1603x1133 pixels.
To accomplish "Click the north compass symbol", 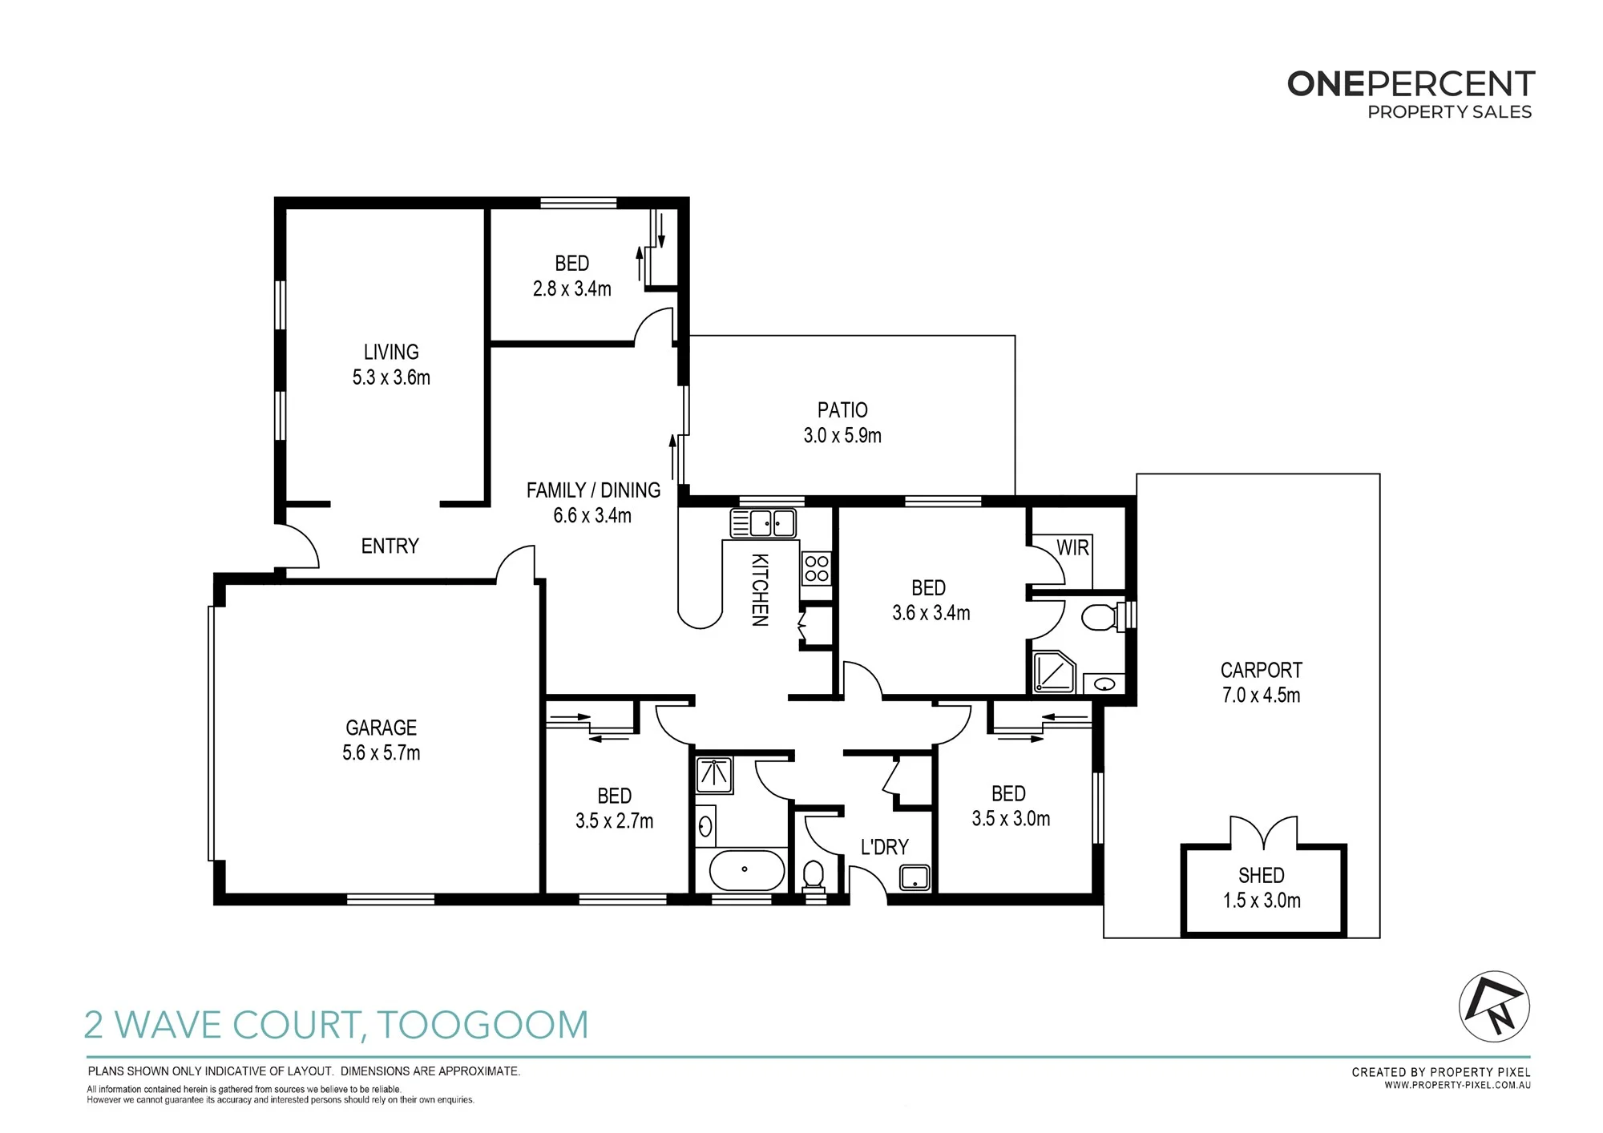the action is [1494, 1006].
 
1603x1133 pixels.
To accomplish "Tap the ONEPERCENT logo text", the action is [1411, 84].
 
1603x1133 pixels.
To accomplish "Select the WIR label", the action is [1072, 548].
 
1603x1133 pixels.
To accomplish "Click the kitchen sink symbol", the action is [763, 523].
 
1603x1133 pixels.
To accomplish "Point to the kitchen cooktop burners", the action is [816, 569].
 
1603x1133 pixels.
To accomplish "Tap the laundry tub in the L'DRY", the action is [915, 877].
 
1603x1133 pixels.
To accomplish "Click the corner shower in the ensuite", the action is [1054, 671].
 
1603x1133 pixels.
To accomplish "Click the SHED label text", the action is [1262, 875].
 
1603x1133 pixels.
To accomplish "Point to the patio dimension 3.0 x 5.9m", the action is [842, 436].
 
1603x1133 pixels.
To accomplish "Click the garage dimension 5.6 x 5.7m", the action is [382, 753].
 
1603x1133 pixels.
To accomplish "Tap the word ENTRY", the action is [390, 546].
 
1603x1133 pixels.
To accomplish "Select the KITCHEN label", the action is [760, 590].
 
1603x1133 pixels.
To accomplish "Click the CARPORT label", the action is [1262, 670].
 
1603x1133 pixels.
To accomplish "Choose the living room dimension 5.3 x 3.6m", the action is [391, 377].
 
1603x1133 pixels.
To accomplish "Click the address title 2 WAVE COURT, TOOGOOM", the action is [337, 1025].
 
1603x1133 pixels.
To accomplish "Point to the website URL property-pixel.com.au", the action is [1458, 1086].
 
